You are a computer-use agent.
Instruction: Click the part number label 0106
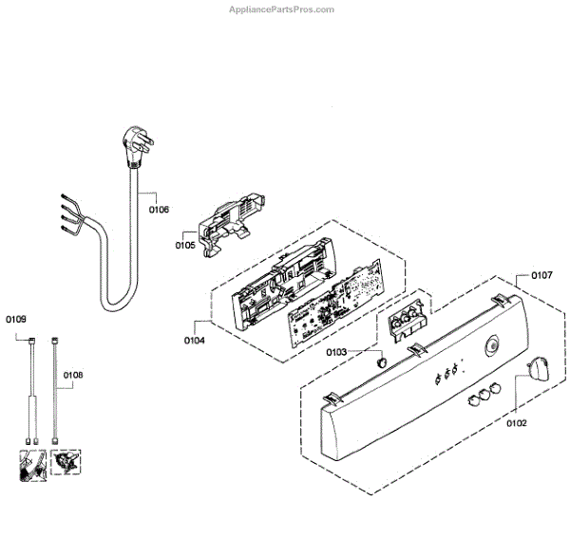pos(159,209)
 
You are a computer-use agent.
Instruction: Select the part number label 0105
pos(184,245)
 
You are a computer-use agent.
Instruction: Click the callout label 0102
pos(517,423)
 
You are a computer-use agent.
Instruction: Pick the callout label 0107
pos(541,276)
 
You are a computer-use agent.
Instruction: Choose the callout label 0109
pos(15,319)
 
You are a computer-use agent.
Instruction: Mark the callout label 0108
pos(73,376)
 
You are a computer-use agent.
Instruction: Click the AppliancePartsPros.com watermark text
pos(283,9)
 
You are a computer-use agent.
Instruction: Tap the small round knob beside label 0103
pos(379,361)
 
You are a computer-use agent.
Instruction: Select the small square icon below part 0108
pos(66,465)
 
